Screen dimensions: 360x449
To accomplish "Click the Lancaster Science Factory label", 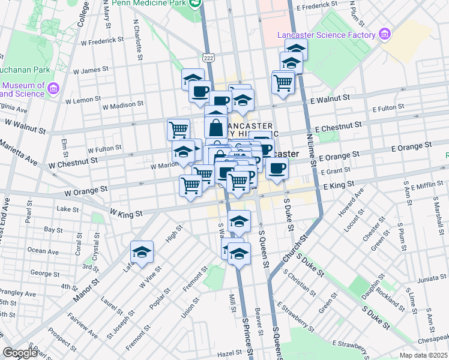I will pos(326,35).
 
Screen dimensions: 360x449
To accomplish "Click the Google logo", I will pos(20,353).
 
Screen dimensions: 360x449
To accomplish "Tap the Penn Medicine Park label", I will pos(148,2).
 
